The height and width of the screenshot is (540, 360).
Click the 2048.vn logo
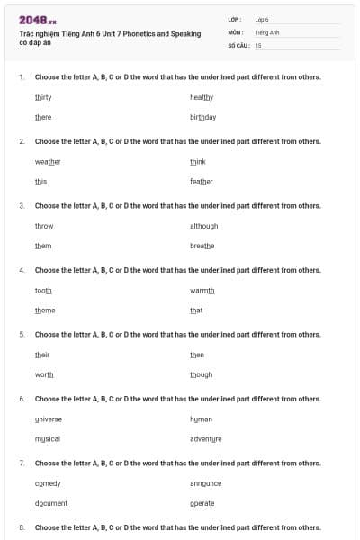point(37,20)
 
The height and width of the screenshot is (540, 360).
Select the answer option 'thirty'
point(43,97)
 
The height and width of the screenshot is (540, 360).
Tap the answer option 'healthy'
point(202,97)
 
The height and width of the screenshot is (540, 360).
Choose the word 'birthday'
point(202,117)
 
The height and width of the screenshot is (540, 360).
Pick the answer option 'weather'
point(48,161)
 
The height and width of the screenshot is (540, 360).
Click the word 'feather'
point(202,181)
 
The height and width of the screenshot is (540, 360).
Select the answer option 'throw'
point(44,226)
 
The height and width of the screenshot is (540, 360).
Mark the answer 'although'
point(204,226)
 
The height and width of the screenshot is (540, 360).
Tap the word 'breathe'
point(202,246)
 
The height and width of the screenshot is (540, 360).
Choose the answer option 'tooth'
point(43,290)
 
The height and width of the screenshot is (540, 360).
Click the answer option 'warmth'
point(202,290)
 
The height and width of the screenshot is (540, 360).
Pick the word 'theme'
point(45,310)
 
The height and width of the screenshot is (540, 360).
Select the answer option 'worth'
point(44,374)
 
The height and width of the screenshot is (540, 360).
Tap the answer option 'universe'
point(49,418)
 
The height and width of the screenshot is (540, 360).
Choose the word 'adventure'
point(206,438)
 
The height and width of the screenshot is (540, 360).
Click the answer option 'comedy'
point(48,483)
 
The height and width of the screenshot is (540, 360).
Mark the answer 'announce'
point(206,483)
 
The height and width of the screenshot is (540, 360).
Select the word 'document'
point(51,503)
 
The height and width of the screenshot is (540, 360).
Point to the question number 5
point(22,334)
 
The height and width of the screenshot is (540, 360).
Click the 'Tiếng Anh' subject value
point(267,31)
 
